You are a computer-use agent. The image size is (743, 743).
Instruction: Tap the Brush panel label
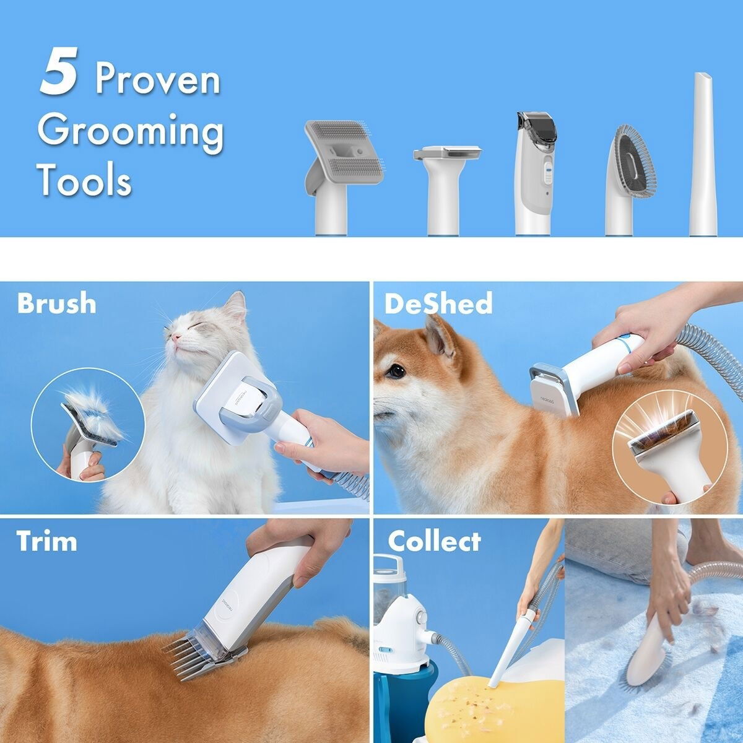tap(56, 303)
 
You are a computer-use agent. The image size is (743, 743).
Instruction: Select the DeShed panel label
tap(438, 303)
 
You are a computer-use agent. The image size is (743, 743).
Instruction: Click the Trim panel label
tap(47, 541)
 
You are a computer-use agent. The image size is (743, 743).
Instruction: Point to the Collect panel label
tap(434, 541)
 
